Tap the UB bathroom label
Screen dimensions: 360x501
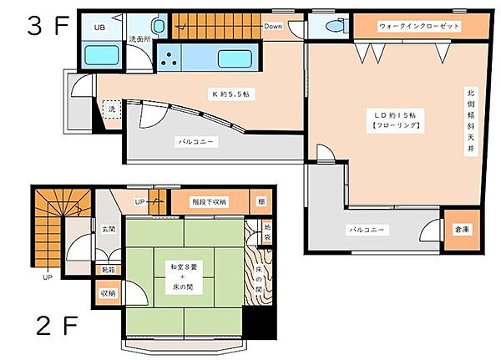click(x=99, y=27)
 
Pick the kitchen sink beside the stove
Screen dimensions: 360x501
click(x=232, y=59)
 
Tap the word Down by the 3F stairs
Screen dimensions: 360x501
click(x=273, y=27)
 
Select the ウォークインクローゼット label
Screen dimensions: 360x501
click(x=407, y=27)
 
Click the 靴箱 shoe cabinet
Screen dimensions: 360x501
click(x=109, y=269)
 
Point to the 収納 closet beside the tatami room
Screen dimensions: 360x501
click(x=109, y=293)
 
